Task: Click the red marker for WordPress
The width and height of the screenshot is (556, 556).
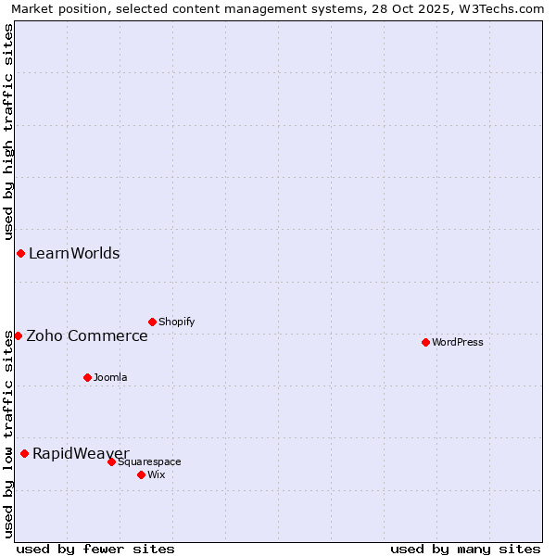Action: coord(425,343)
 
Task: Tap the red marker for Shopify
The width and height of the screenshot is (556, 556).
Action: coord(152,322)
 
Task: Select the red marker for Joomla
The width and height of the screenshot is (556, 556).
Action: coord(87,377)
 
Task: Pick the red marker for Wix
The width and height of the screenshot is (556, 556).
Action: coord(141,474)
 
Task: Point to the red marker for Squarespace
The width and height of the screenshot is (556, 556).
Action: coord(111,461)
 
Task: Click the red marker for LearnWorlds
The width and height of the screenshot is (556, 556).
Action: coord(20,254)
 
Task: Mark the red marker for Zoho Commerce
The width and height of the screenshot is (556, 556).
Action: coord(18,335)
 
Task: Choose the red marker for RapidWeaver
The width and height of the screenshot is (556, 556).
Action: coord(24,453)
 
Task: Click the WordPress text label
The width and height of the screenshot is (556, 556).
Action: coord(458,343)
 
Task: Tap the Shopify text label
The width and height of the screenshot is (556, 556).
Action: coord(177,322)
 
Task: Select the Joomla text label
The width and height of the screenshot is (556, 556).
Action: coord(110,378)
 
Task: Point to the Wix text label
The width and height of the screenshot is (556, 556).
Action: coord(157,475)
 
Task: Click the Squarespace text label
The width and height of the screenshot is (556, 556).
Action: coord(149,462)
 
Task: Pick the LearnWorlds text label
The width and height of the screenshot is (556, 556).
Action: coord(74,254)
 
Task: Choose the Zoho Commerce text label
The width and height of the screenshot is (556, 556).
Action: coord(87,335)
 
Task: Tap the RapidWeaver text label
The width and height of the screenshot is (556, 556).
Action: coord(81,453)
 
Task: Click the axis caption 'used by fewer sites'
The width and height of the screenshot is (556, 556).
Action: coord(95,549)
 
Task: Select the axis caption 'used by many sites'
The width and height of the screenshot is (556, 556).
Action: coord(465,549)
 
